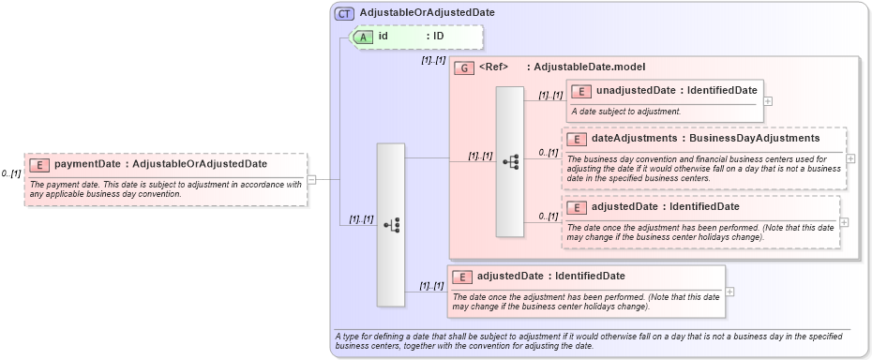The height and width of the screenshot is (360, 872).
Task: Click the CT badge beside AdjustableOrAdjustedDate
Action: click(344, 13)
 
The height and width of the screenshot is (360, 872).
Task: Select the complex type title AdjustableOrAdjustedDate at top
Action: click(414, 13)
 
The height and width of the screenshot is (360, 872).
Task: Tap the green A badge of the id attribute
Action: click(362, 37)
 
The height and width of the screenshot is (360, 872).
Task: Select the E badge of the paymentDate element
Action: click(40, 165)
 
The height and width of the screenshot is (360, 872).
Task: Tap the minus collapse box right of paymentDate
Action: click(311, 180)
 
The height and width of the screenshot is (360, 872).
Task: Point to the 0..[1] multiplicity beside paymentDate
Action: click(11, 173)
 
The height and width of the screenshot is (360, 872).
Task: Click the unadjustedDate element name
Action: click(635, 91)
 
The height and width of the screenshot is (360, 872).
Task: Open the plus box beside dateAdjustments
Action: click(850, 157)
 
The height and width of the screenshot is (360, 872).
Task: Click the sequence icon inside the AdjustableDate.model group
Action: click(510, 161)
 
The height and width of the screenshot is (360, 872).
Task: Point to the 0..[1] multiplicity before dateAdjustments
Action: click(549, 152)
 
